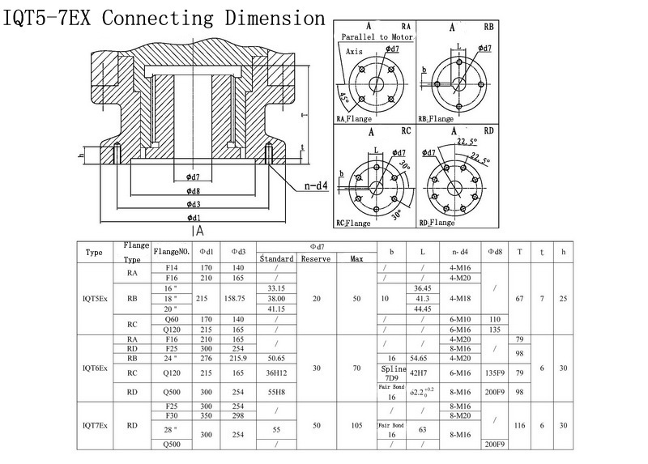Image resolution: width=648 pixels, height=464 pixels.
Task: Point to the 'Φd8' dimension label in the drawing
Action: point(193,191)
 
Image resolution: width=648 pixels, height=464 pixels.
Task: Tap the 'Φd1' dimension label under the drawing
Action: point(193,217)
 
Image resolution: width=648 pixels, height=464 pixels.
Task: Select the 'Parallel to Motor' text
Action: point(377,37)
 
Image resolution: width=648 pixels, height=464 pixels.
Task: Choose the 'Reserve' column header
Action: point(316,258)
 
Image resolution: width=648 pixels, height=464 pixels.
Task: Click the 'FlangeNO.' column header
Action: point(172,252)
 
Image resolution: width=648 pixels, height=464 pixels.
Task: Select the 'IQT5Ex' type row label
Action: point(94,299)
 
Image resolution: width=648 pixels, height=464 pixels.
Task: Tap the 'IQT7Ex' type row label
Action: point(94,423)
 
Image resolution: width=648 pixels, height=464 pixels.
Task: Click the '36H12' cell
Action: point(277,372)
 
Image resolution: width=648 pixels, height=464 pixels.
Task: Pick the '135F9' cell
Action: point(496,372)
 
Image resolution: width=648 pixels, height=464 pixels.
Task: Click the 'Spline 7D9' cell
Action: point(391,372)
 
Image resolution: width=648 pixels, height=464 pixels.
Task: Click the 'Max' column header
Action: point(356,258)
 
